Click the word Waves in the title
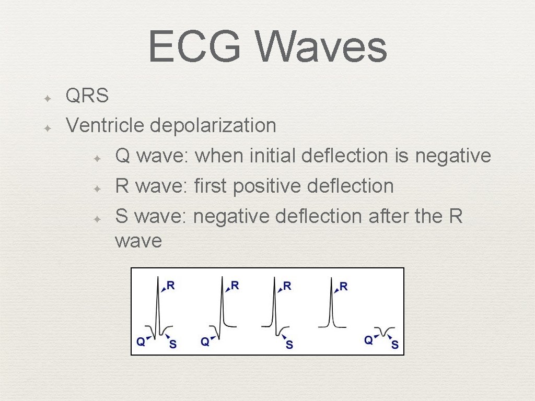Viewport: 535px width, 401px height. point(322,47)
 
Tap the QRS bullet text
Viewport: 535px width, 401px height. point(87,96)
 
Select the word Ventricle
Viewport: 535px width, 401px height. point(105,125)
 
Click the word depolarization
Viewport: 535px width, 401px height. point(213,125)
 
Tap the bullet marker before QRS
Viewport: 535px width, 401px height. point(46,98)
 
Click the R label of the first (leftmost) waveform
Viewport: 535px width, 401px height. point(170,286)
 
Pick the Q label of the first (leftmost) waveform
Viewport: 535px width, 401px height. point(141,341)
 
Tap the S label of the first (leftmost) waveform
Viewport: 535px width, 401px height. point(173,345)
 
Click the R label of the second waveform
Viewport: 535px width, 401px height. point(235,286)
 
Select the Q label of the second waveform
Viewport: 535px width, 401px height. point(205,341)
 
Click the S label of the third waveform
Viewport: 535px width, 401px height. point(289,345)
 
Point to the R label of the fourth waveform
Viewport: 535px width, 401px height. point(343,286)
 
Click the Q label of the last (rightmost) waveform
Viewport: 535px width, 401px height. point(368,340)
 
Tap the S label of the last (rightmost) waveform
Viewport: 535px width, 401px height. point(395,345)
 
